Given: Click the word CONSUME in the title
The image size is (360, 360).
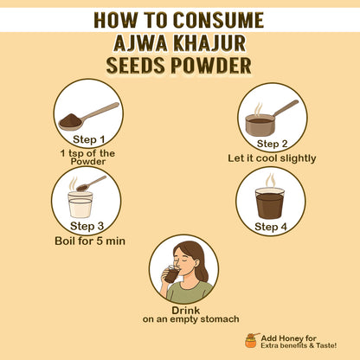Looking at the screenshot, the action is (x=218, y=20).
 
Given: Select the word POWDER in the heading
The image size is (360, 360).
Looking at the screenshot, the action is (x=211, y=66).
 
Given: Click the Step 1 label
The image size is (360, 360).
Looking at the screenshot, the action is (x=88, y=139).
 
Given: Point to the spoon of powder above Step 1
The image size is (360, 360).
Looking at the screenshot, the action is (x=88, y=116).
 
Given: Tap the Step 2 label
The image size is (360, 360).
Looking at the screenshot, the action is (x=272, y=144).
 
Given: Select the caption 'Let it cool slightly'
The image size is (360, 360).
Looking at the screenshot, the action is (x=272, y=158).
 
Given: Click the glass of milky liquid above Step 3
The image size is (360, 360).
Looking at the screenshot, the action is (x=80, y=204).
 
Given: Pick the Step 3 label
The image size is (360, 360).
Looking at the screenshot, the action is (x=87, y=226).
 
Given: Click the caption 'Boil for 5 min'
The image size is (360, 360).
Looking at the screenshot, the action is (x=90, y=241).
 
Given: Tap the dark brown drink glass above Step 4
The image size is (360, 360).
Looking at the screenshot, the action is (x=270, y=203).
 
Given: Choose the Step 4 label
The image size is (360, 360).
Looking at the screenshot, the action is (x=271, y=227).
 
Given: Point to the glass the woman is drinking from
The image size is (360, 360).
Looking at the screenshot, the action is (x=172, y=274).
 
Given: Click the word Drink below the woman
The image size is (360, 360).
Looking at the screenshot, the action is (x=185, y=311).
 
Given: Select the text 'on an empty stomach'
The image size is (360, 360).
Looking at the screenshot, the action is (x=190, y=319).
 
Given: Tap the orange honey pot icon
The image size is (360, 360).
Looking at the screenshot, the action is (x=251, y=341).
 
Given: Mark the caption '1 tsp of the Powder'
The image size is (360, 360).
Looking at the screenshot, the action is (x=87, y=157).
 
